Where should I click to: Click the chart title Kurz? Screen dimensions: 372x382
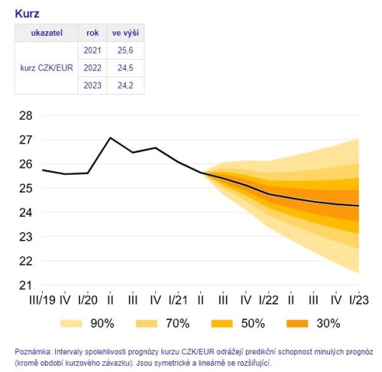(28, 14)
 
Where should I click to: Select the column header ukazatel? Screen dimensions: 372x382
(47, 34)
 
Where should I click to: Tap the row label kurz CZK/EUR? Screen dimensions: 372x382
(47, 67)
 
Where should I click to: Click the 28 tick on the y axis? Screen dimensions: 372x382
(25, 116)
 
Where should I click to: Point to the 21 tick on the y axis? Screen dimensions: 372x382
(25, 285)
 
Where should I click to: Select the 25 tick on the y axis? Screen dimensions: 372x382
(25, 189)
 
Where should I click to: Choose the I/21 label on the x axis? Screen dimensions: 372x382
(178, 299)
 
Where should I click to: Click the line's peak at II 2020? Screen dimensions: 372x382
(111, 137)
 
